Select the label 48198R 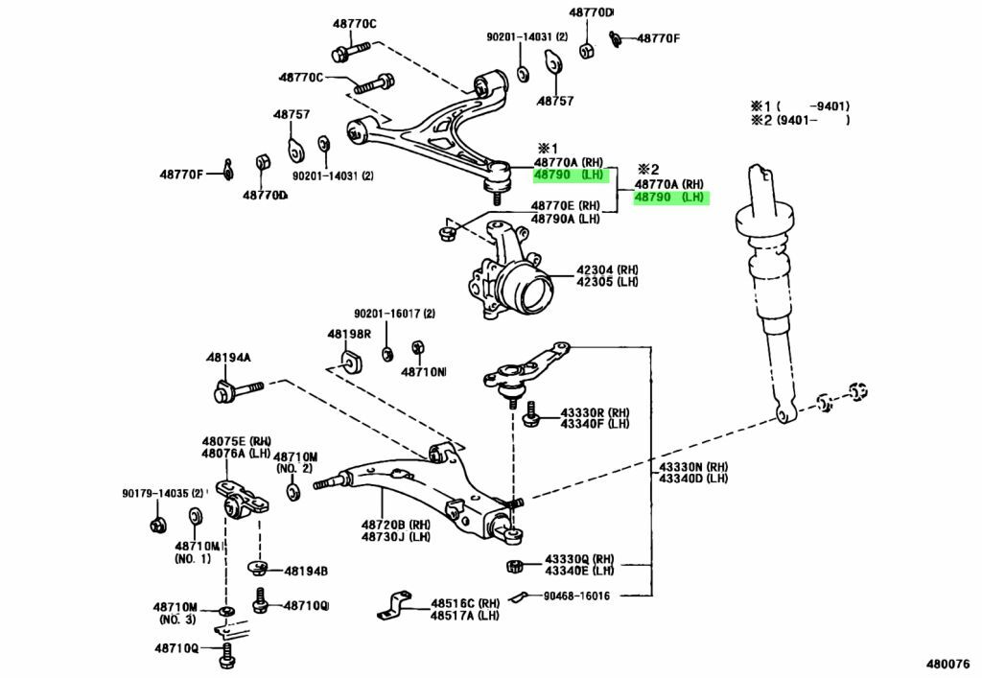click(x=348, y=335)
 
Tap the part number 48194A click(x=227, y=358)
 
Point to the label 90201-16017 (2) click(x=394, y=314)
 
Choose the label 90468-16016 click(x=575, y=596)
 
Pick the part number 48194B click(x=306, y=571)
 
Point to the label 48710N click(x=423, y=371)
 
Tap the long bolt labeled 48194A click(x=240, y=391)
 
